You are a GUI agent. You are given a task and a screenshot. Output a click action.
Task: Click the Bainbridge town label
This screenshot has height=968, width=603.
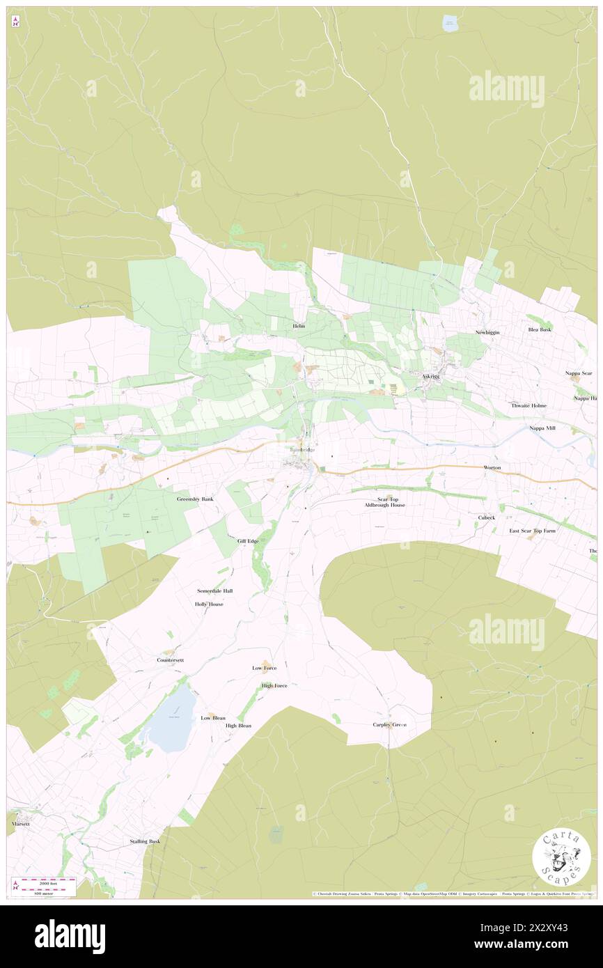click(x=302, y=450)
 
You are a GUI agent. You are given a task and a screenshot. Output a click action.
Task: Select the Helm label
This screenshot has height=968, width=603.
click(x=299, y=326)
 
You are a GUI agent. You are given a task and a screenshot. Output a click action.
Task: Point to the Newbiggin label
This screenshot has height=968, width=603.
click(x=487, y=332)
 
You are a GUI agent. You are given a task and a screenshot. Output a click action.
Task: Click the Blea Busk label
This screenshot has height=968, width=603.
click(x=540, y=329)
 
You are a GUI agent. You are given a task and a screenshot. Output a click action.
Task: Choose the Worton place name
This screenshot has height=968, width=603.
click(x=492, y=467)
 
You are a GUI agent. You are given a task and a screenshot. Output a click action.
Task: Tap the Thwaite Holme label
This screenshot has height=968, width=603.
click(x=529, y=405)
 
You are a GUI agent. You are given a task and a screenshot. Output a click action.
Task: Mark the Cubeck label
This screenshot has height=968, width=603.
click(x=486, y=517)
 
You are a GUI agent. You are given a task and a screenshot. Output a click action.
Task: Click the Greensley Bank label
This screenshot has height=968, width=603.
click(x=195, y=499)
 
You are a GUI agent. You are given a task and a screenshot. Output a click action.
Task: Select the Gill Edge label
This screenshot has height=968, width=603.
click(x=247, y=541)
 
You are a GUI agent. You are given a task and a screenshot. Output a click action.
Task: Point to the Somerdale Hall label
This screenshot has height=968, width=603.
click(x=214, y=591)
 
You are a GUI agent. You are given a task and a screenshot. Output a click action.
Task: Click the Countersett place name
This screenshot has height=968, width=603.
click(x=171, y=659)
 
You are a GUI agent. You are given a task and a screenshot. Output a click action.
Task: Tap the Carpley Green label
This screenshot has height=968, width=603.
click(x=389, y=724)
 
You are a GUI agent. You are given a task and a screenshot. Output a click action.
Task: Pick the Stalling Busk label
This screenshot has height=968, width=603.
click(x=145, y=841)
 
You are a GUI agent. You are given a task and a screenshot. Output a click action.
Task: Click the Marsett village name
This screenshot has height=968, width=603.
click(x=21, y=823)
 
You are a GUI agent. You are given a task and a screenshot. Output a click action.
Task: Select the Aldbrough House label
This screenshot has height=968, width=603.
click(x=385, y=505)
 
